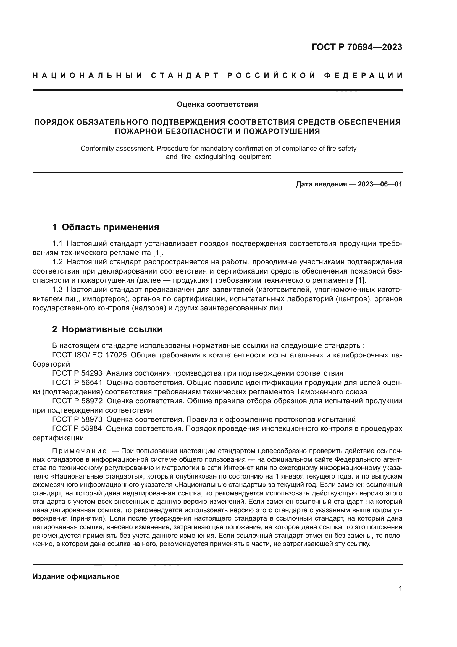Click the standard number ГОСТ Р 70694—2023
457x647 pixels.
(356, 47)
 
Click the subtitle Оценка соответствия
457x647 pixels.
(217, 105)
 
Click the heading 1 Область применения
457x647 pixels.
(106, 227)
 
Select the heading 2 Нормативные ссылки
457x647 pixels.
(107, 329)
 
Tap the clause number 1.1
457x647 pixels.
(57, 243)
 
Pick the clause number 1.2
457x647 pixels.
(57, 262)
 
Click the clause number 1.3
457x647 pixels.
(57, 289)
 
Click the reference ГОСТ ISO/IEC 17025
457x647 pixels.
(90, 355)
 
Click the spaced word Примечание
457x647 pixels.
(79, 451)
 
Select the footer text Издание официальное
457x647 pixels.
(76, 576)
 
